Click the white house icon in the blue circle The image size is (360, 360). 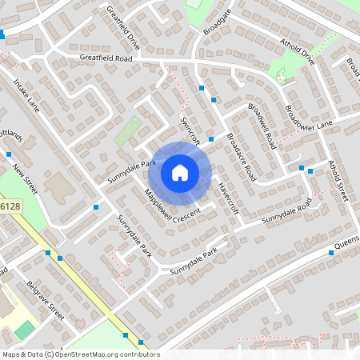coord(180,172)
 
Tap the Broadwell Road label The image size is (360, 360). coord(262,126)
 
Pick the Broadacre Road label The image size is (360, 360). coord(241,157)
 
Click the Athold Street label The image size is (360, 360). coord(339,180)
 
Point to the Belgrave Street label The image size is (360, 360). coord(45,300)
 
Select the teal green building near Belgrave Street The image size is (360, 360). coord(26,328)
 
